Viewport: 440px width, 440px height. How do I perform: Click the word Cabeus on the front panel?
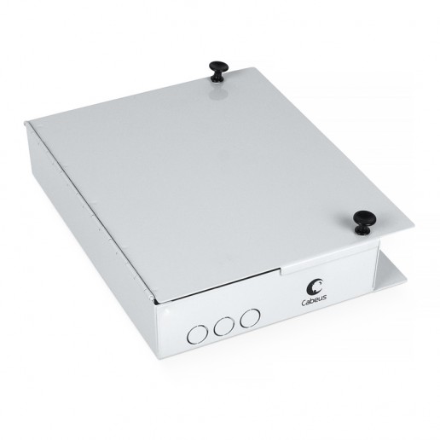pyautogui.click(x=314, y=301)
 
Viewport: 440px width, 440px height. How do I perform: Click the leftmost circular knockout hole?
pyautogui.click(x=197, y=334)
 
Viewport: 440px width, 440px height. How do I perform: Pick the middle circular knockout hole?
pyautogui.click(x=224, y=326)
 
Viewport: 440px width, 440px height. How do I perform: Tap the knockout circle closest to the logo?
pyautogui.click(x=250, y=318)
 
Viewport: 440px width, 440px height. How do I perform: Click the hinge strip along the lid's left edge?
pyautogui.click(x=89, y=210)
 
